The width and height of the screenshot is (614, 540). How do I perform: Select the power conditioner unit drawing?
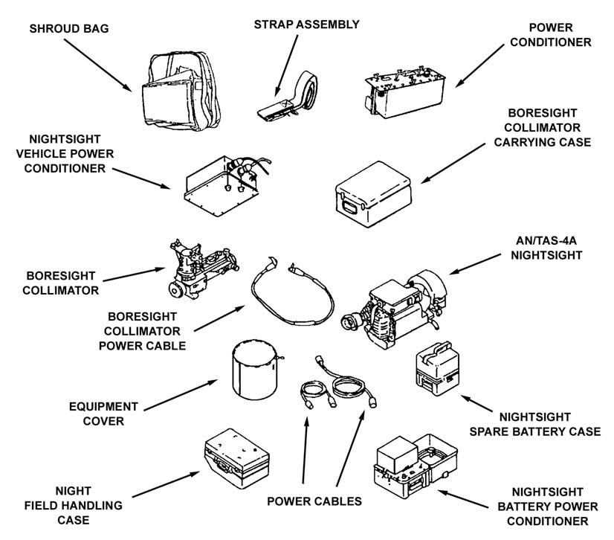(x=405, y=89)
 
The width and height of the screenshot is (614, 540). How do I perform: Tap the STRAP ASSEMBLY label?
(x=306, y=25)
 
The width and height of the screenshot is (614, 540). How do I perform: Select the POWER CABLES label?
(x=314, y=501)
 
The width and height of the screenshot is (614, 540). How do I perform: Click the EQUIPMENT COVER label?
(x=105, y=414)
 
